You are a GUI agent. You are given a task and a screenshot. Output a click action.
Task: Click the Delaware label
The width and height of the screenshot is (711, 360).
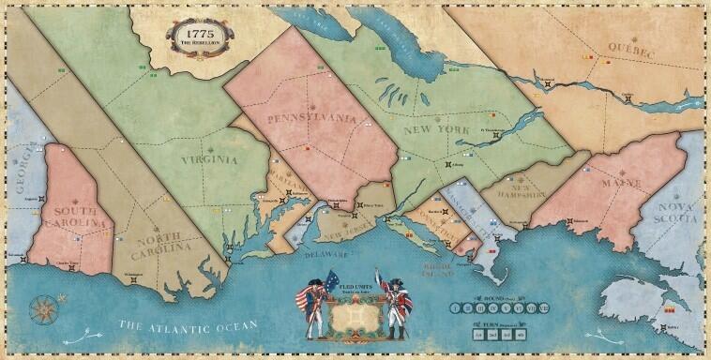(311, 250)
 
